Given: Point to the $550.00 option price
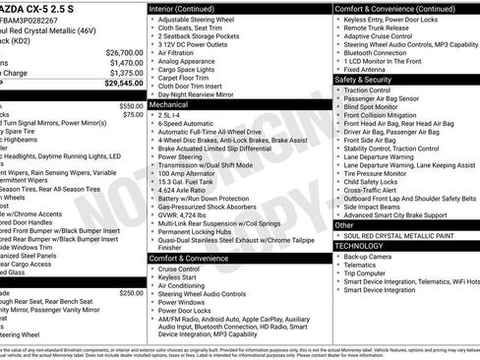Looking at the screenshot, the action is (x=131, y=105).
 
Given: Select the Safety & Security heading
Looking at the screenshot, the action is (x=364, y=80).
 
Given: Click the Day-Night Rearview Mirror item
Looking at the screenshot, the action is (x=204, y=93).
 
